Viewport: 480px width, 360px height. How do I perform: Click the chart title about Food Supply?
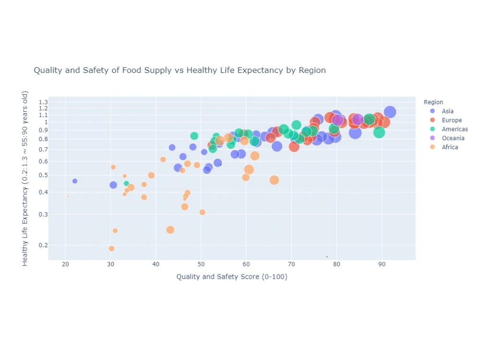point(180,71)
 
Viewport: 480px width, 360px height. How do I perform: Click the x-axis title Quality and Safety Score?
point(232,276)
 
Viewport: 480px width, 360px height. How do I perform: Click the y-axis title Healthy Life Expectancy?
point(25,178)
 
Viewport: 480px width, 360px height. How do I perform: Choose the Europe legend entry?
point(452,120)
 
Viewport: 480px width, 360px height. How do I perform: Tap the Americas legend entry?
point(455,130)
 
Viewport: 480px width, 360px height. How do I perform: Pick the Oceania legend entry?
point(453,138)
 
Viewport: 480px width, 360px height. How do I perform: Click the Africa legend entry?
point(450,147)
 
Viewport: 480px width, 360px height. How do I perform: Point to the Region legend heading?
point(433,102)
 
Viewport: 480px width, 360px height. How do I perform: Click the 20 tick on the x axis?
point(65,264)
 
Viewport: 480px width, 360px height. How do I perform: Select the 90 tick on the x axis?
point(382,264)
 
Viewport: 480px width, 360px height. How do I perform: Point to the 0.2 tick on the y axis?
point(43,245)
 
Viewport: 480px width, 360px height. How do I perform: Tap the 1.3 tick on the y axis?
point(43,102)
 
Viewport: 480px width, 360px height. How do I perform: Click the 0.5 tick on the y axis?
point(43,175)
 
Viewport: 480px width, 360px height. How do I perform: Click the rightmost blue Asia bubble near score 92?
point(390,112)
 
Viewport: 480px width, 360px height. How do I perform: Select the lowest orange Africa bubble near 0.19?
point(111,249)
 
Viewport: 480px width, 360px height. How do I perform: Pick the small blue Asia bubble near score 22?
point(75,181)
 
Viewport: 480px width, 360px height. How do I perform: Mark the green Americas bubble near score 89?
point(379,132)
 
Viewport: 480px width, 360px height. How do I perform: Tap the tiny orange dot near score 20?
point(68,196)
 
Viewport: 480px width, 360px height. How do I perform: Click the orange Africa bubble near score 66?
point(274,180)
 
